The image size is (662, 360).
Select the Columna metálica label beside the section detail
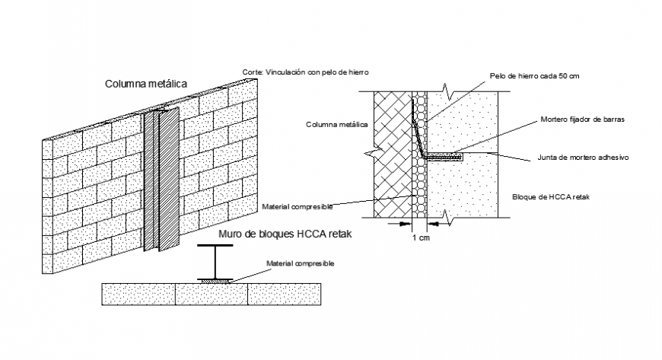(x=337, y=124)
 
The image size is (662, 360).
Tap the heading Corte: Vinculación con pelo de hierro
(x=305, y=72)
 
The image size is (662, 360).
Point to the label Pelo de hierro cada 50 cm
(x=535, y=77)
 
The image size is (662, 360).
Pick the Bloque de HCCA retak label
(x=546, y=197)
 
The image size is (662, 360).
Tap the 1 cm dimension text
(x=419, y=238)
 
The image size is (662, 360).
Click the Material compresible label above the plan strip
(x=300, y=263)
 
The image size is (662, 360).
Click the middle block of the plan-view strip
(x=212, y=294)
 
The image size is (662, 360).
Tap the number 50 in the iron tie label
(x=562, y=77)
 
